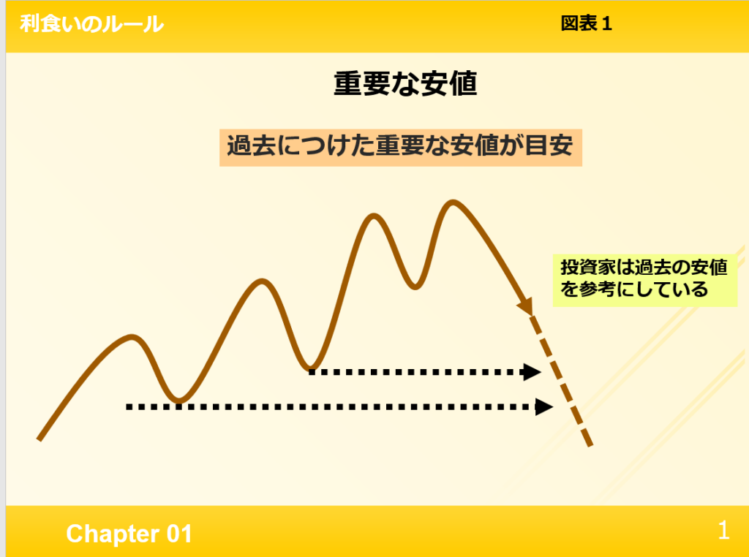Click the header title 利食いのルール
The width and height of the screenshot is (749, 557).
[x=91, y=23]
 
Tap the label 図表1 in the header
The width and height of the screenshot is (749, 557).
[x=586, y=23]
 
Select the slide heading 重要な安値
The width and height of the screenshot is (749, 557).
[x=405, y=83]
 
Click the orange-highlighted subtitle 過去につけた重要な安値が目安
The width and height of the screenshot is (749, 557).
[x=400, y=147]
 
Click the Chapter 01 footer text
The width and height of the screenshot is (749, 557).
[x=129, y=534]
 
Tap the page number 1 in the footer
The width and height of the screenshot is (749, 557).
[x=723, y=530]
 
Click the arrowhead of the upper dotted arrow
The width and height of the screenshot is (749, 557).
[x=532, y=372]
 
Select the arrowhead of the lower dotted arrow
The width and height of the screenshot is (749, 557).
[x=544, y=407]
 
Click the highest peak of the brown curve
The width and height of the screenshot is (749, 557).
[x=452, y=203]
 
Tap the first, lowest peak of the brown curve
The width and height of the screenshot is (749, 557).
[x=132, y=338]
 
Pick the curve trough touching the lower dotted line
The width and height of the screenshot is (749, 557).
[x=178, y=400]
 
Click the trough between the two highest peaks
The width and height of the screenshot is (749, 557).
[x=415, y=287]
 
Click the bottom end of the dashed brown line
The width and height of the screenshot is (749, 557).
[x=590, y=444]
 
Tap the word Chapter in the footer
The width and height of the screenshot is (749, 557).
[x=113, y=534]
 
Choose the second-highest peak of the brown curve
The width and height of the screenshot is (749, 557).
[x=374, y=217]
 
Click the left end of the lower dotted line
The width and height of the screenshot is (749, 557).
[x=128, y=407]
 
